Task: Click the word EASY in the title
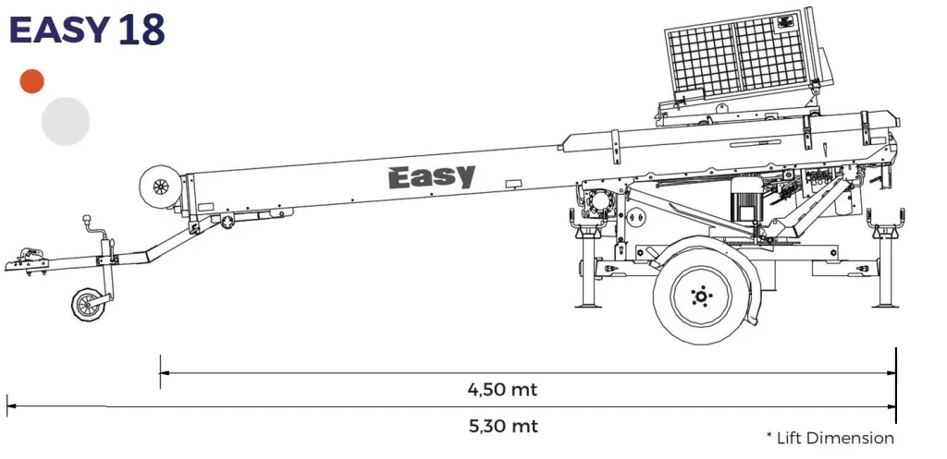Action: point(60,30)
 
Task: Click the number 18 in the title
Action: point(141,30)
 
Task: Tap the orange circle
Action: point(32,81)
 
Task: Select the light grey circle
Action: point(66,121)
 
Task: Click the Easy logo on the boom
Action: point(431,176)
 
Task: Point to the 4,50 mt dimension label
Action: point(502,389)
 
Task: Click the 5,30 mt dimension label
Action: point(502,426)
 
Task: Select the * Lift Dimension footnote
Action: point(830,438)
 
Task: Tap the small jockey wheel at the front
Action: point(90,304)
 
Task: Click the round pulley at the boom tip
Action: point(158,187)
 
